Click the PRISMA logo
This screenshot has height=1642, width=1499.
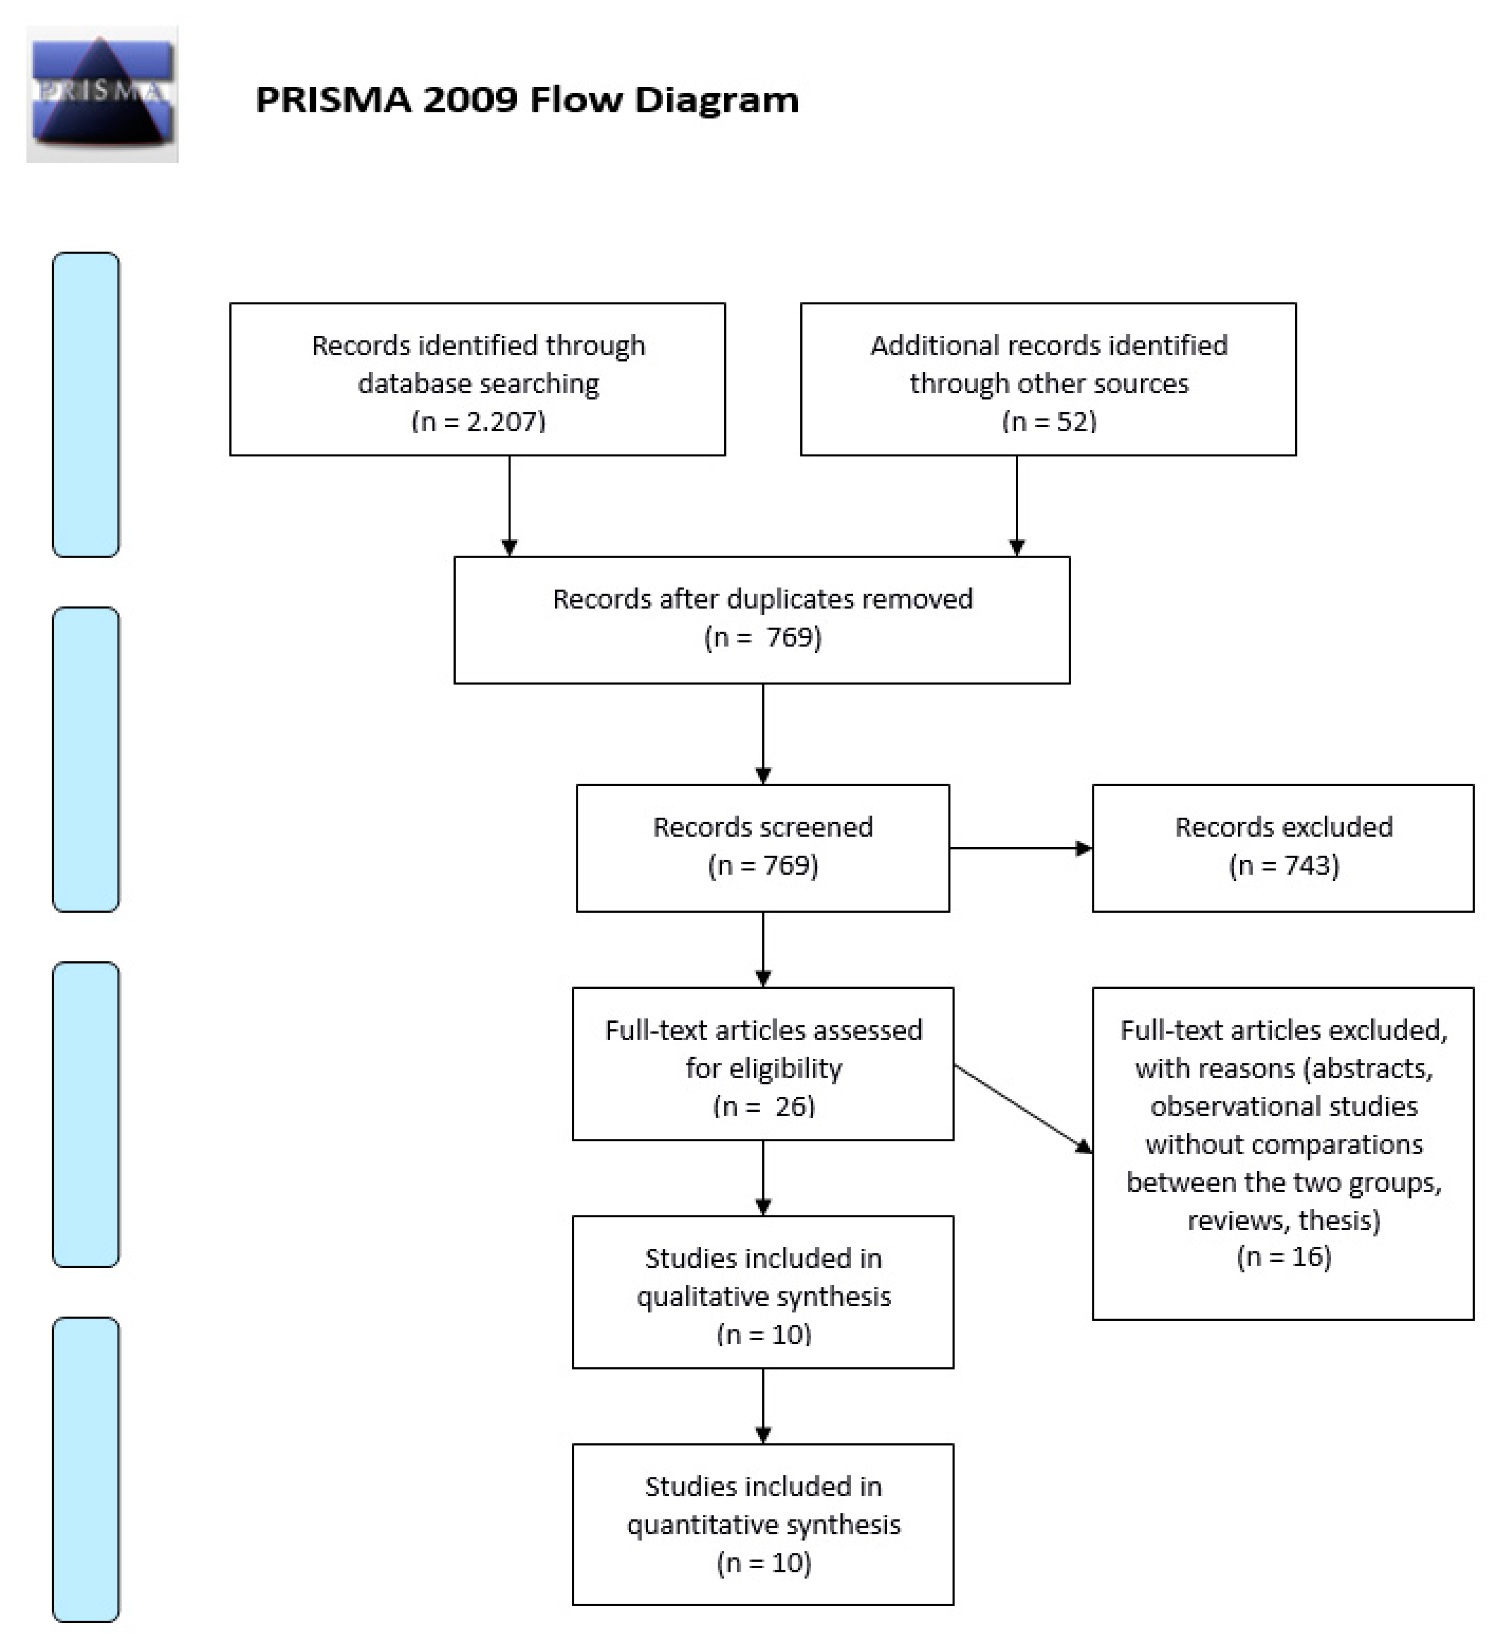click(x=102, y=94)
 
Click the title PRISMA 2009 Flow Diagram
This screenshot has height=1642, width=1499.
click(x=527, y=100)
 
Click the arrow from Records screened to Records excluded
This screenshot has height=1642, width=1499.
click(x=1020, y=849)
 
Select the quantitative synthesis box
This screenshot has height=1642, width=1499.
click(x=762, y=1524)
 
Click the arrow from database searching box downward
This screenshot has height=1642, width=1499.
click(x=510, y=505)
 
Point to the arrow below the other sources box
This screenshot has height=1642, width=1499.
click(x=1017, y=505)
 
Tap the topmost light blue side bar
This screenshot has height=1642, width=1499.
click(x=85, y=405)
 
